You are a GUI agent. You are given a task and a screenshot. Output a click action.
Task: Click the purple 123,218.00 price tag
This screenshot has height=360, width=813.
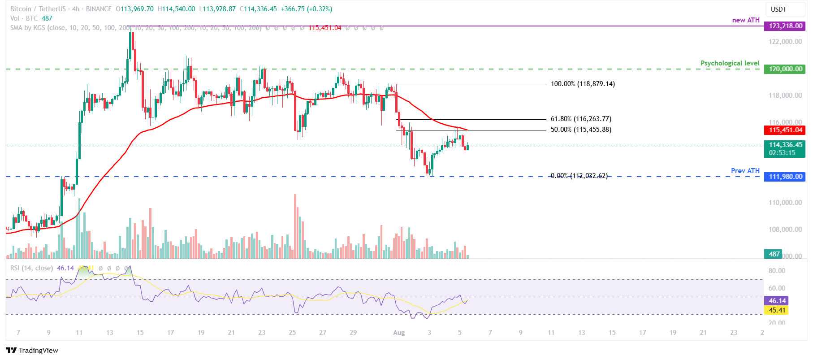(x=785, y=26)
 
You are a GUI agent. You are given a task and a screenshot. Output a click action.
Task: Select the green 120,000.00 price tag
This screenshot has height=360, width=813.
(x=785, y=69)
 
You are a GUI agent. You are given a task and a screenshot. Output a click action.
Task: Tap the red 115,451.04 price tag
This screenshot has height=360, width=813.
(x=785, y=130)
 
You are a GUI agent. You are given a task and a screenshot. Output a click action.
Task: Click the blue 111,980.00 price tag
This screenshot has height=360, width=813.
(x=785, y=177)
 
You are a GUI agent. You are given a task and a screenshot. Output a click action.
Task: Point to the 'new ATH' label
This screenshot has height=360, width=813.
(x=746, y=20)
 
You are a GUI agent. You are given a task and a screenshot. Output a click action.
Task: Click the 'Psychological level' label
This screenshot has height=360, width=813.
(x=730, y=63)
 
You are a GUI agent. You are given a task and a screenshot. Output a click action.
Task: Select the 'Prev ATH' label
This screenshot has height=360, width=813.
(x=745, y=171)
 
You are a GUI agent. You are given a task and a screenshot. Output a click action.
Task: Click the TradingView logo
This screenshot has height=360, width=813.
(x=32, y=350)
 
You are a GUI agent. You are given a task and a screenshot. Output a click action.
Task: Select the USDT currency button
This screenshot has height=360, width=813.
(x=778, y=9)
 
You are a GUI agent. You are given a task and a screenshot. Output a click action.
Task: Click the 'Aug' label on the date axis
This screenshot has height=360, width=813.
(x=398, y=333)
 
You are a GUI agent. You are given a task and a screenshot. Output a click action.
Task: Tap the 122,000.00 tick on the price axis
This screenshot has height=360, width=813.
(x=785, y=42)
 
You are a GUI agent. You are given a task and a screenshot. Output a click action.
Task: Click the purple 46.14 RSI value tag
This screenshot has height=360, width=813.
(x=777, y=301)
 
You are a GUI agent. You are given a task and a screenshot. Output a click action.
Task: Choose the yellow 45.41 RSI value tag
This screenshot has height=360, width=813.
(x=777, y=310)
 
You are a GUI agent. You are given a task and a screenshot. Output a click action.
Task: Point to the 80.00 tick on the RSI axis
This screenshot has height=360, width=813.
(x=777, y=271)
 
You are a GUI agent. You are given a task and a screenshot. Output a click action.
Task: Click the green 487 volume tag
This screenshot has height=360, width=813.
(x=774, y=254)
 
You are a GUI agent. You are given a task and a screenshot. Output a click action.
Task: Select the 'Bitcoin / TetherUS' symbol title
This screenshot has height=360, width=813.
(x=38, y=9)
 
